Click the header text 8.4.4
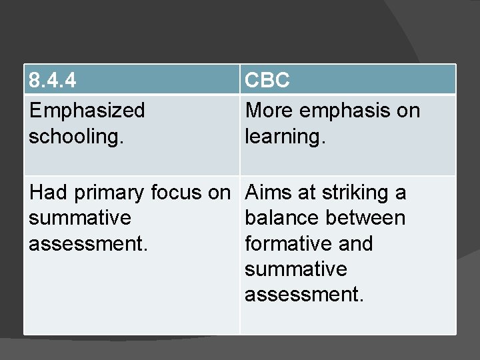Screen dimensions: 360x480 click(52, 81)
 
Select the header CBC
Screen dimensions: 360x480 click(267, 81)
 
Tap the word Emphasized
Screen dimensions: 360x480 click(87, 110)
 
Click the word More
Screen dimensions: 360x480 click(270, 110)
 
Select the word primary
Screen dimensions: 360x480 click(109, 193)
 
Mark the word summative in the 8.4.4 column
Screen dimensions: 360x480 click(80, 218)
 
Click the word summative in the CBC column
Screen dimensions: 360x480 click(296, 269)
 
